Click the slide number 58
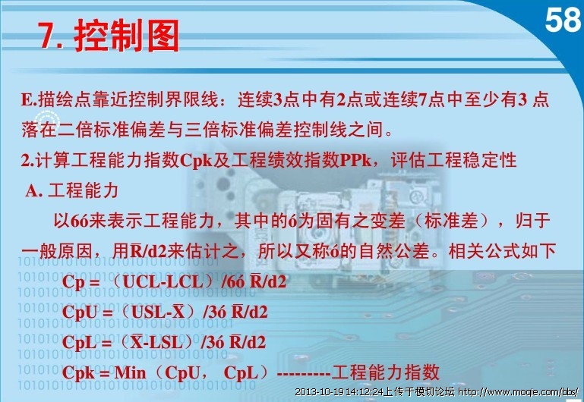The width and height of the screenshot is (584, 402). [563, 20]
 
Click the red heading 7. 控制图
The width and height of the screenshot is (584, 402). [108, 36]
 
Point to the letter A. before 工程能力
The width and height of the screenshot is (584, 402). [34, 191]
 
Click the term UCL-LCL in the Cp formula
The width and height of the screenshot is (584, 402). [163, 282]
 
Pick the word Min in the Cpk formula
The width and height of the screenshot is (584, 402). [130, 372]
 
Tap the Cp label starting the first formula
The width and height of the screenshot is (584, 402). [73, 282]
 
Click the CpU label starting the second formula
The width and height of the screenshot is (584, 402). [79, 312]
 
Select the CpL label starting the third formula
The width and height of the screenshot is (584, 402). [78, 343]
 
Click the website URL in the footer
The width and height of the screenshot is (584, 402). [518, 391]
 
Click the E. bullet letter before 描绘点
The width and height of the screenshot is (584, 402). [29, 100]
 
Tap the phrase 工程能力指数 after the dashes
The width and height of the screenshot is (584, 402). [386, 372]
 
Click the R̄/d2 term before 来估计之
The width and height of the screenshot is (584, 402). [149, 251]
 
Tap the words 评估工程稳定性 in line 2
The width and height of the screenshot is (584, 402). [453, 161]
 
